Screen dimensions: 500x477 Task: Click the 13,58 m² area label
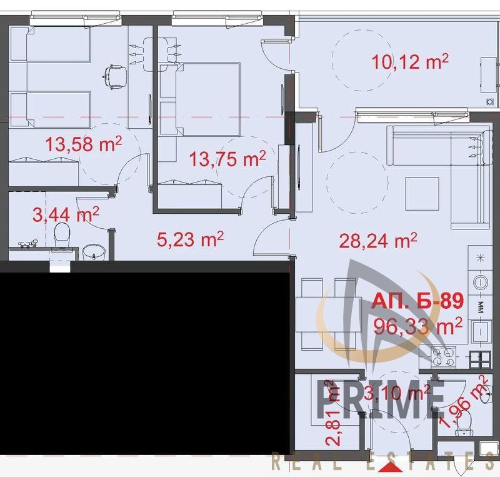pyautogui.click(x=84, y=144)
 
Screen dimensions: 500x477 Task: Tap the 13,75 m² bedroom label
pyautogui.click(x=227, y=159)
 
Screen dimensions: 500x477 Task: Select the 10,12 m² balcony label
pyautogui.click(x=410, y=62)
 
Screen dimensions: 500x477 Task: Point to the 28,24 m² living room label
pyautogui.click(x=378, y=240)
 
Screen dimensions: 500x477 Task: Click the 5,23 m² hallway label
pyautogui.click(x=190, y=239)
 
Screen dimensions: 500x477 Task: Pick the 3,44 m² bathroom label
pyautogui.click(x=66, y=214)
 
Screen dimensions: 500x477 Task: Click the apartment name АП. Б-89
pyautogui.click(x=417, y=301)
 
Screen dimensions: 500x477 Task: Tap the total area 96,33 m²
pyautogui.click(x=417, y=326)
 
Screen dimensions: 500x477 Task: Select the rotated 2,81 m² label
pyautogui.click(x=332, y=412)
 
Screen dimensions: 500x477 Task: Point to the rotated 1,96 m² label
pyautogui.click(x=464, y=401)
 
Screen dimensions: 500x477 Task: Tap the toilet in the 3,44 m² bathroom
pyautogui.click(x=62, y=235)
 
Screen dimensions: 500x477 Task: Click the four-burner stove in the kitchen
pyautogui.click(x=443, y=357)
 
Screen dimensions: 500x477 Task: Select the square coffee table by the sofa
pyautogui.click(x=422, y=193)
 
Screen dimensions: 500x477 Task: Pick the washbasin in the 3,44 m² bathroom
pyautogui.click(x=93, y=252)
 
